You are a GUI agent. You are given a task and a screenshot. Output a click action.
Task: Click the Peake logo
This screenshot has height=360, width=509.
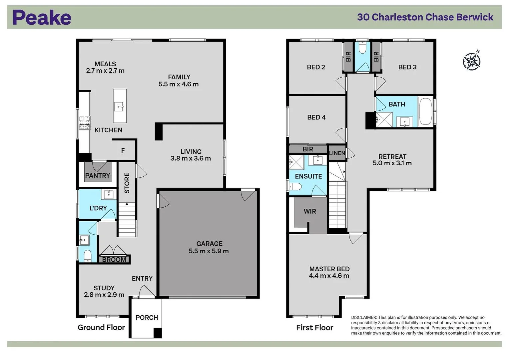(x=42, y=17)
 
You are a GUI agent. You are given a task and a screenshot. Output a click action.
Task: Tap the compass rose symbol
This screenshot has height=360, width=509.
(x=472, y=61)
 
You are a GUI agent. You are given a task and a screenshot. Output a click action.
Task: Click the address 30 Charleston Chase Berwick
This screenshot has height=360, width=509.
(x=425, y=17)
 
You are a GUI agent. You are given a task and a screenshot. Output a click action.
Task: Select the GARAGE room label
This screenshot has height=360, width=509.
(x=209, y=244)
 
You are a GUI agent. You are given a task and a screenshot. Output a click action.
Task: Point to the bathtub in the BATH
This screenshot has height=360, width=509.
(x=425, y=111)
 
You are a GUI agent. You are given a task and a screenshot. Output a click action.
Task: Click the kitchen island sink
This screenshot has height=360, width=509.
(x=119, y=107)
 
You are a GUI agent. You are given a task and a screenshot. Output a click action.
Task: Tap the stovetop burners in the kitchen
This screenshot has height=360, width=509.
(x=84, y=122)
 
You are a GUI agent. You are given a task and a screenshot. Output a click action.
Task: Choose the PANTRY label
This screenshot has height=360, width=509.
(x=97, y=175)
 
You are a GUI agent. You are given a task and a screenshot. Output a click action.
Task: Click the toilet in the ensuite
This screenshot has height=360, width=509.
(x=296, y=186)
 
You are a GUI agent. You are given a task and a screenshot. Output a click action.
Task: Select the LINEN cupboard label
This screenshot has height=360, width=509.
(x=337, y=153)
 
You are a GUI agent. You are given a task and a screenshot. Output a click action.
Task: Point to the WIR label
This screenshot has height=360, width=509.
(x=310, y=211)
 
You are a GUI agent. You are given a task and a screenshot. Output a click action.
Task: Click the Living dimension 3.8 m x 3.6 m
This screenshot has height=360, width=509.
(x=191, y=159)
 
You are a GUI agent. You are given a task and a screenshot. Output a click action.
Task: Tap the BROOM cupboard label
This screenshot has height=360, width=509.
(x=114, y=259)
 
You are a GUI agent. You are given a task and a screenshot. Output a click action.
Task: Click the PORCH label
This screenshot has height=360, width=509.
(x=147, y=317)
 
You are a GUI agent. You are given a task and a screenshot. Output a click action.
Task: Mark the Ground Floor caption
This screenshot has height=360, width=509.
(x=101, y=327)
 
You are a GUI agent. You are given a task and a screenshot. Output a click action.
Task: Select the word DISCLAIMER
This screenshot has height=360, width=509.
(x=364, y=317)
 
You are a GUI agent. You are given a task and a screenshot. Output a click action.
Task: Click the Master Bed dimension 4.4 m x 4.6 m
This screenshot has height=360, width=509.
(x=329, y=276)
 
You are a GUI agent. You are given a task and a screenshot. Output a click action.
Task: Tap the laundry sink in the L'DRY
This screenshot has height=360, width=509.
(x=109, y=194)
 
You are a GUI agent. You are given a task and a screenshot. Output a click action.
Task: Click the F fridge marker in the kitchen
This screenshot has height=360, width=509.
(x=123, y=151)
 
